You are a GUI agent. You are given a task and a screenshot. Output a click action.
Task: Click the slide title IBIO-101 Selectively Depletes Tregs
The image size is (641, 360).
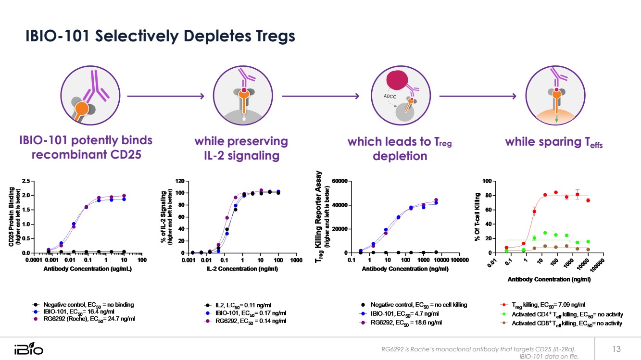[160, 36]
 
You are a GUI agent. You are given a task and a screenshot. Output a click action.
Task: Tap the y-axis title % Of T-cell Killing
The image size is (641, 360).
[478, 217]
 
